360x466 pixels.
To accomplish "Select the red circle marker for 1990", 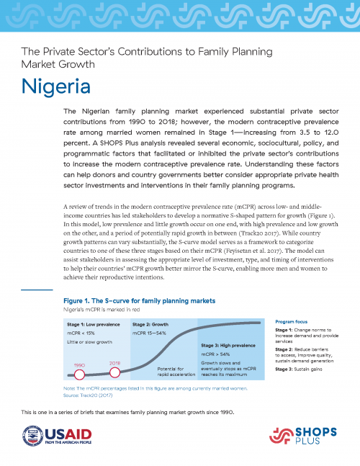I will tap(80, 375).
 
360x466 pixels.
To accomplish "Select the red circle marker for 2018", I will tap(114, 372).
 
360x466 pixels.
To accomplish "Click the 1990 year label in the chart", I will tap(79, 365).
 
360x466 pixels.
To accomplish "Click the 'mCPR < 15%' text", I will tap(84, 333).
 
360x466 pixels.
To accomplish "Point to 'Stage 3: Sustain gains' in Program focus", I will tap(301, 369).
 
